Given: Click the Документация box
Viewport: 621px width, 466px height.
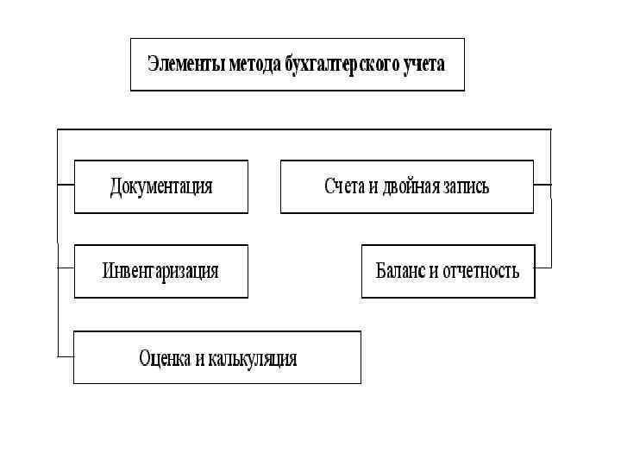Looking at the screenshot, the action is pos(161,186).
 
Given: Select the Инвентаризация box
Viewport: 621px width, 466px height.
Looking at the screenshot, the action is pos(161,271).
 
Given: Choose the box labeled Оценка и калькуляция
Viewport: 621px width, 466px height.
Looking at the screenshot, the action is pos(217,357).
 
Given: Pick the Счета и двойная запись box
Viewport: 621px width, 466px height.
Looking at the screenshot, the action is pos(406,186).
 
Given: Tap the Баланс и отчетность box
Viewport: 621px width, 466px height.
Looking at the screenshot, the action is pos(448,271).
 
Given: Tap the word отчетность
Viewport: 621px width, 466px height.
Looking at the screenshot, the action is pos(481,271).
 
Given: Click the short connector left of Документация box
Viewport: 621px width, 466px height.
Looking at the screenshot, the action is pos(66,184).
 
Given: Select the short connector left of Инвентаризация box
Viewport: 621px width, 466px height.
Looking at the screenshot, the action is pos(66,268).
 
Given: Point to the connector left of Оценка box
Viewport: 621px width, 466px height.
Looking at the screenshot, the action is pos(66,356).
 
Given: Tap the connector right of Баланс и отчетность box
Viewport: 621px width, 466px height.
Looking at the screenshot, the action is pos(543,268).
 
